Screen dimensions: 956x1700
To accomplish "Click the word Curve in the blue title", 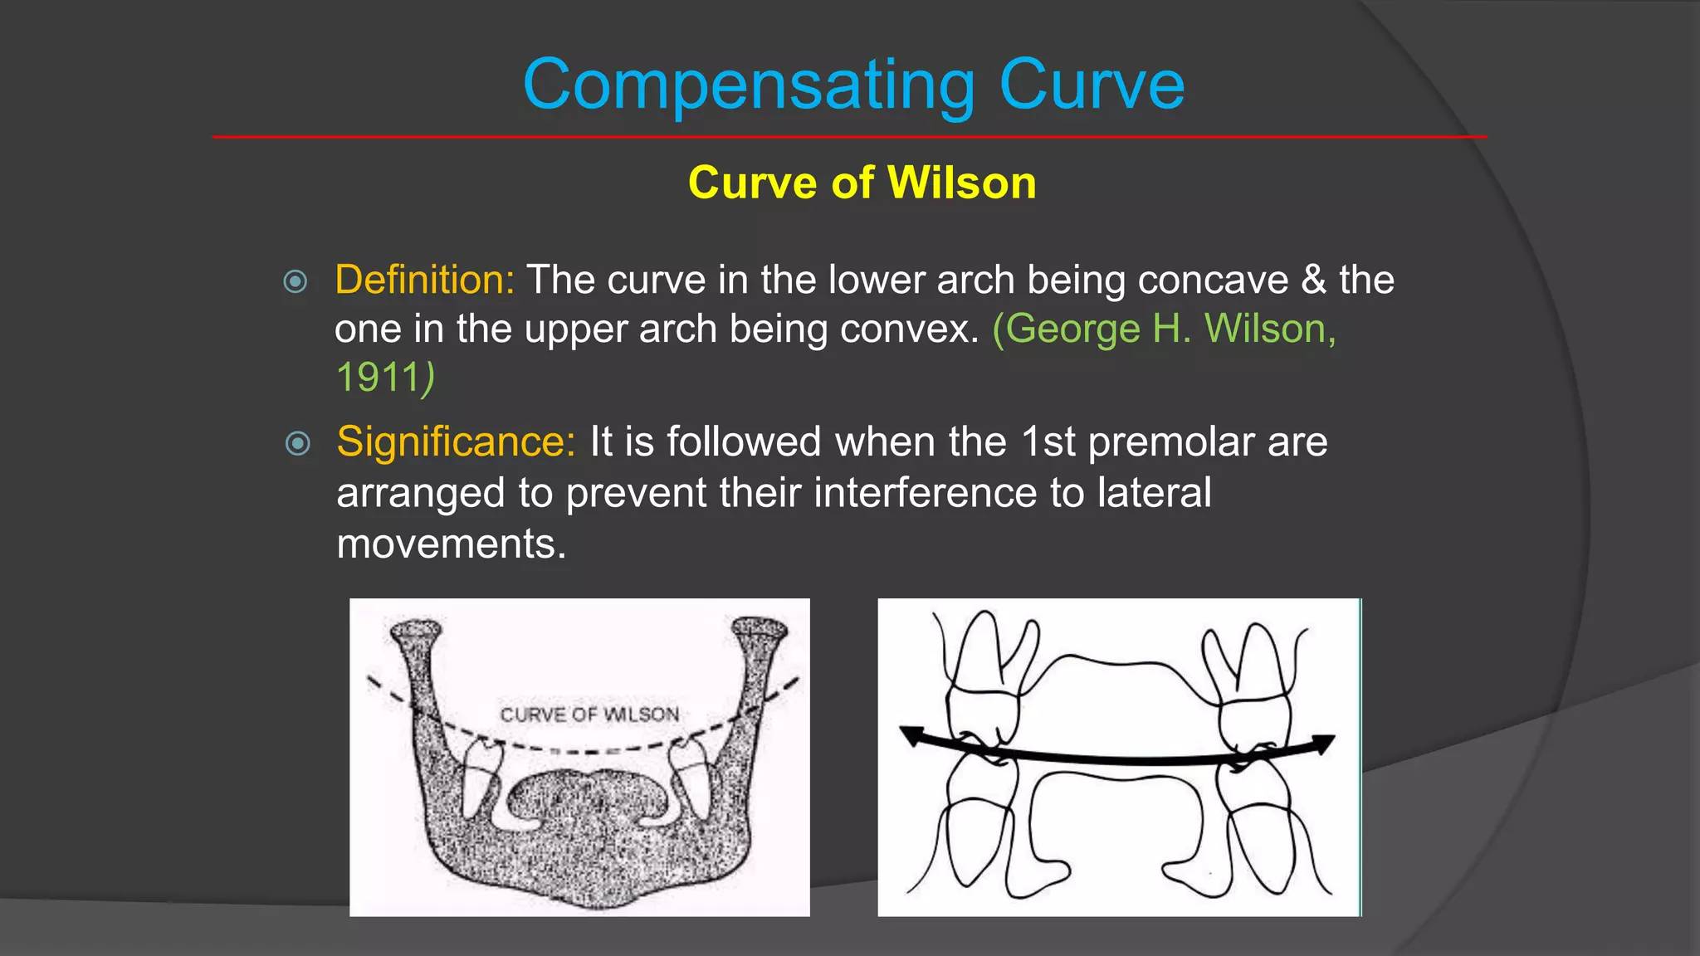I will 1092,85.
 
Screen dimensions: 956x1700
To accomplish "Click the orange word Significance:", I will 456,441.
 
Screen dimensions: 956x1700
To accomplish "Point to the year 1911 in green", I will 378,378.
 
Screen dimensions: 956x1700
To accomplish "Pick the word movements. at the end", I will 452,544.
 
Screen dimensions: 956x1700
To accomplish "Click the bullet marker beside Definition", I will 296,282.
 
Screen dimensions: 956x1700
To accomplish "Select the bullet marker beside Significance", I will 297,443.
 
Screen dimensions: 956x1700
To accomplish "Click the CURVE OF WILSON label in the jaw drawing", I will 589,715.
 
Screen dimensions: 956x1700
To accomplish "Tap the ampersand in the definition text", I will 1314,280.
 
